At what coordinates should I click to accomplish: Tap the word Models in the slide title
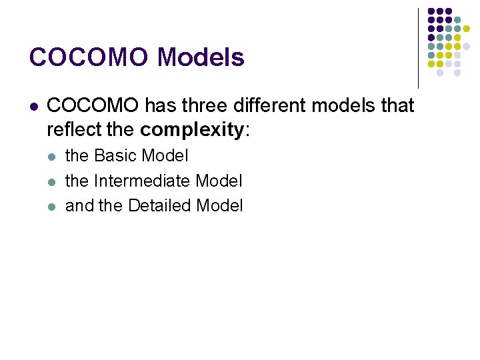pos(201,58)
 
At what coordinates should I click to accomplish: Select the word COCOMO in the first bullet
pos(93,105)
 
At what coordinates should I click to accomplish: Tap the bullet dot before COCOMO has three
pos(33,106)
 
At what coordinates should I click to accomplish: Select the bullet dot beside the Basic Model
pos(52,157)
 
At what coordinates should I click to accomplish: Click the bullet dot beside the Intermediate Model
pos(52,181)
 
